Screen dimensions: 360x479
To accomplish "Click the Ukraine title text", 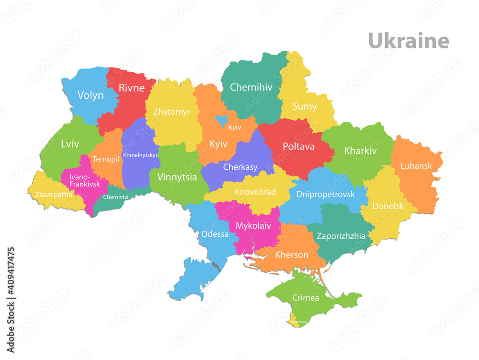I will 408,41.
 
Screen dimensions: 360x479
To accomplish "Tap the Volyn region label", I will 91,95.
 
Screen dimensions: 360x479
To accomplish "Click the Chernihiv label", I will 251,87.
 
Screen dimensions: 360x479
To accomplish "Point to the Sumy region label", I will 305,106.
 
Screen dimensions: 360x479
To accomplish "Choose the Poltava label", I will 298,146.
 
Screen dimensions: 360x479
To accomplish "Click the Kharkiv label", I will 360,151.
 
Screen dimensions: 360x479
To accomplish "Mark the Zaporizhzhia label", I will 341,236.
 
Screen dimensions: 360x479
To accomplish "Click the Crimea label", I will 306,298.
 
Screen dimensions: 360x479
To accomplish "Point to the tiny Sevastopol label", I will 298,322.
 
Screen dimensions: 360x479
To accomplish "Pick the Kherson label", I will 292,255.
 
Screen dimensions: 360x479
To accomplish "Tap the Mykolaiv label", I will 253,225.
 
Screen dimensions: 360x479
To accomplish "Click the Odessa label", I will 215,234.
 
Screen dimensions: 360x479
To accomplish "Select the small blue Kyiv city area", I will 222,119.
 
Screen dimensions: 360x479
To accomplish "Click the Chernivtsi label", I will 115,197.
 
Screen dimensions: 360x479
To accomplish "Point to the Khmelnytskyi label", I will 140,155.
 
